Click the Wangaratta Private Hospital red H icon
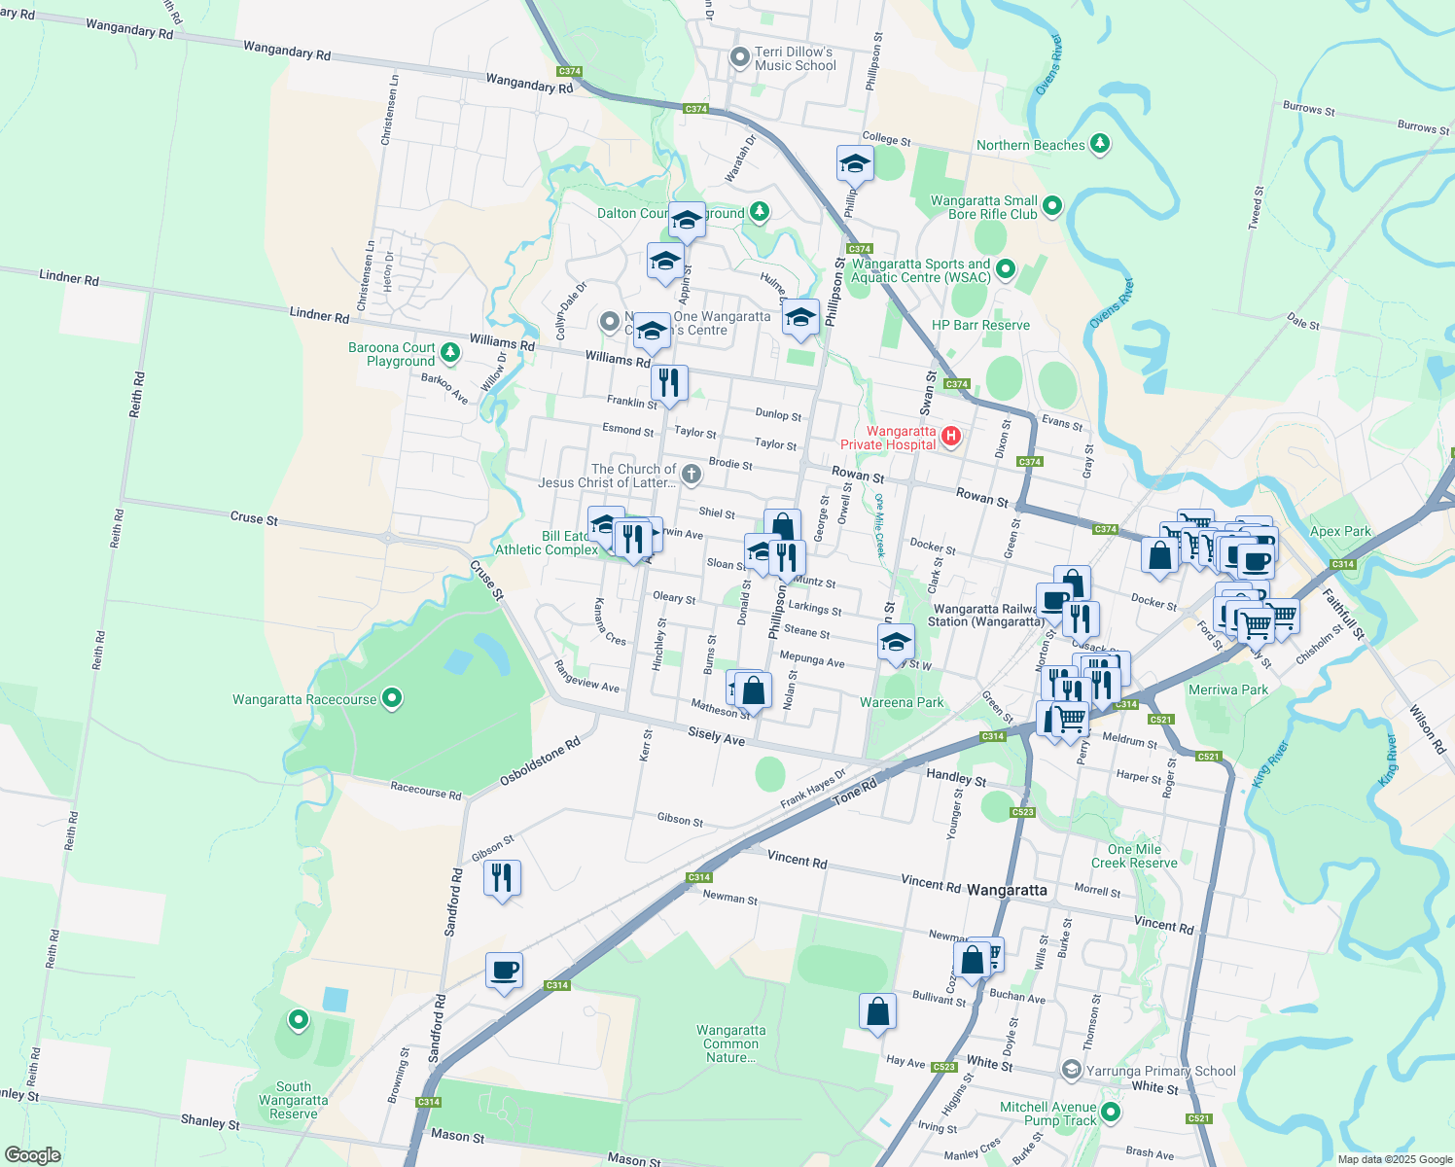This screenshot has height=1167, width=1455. (x=951, y=437)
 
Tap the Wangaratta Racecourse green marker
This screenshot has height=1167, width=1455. (x=392, y=697)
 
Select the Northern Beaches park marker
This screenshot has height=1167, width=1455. (x=1100, y=144)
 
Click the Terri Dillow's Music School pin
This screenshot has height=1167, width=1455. (x=739, y=57)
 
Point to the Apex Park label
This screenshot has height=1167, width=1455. (x=1340, y=531)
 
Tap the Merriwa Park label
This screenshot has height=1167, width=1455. (x=1228, y=690)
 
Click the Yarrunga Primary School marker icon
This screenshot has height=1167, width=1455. (x=1071, y=1070)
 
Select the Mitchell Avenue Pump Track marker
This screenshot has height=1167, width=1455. (x=1111, y=1112)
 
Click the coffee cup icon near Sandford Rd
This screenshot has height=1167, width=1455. (x=504, y=970)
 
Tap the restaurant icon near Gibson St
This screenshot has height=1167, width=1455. (x=502, y=877)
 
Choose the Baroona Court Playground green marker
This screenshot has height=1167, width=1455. (x=449, y=351)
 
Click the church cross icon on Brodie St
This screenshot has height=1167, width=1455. (x=691, y=474)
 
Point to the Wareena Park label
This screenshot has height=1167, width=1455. (x=902, y=702)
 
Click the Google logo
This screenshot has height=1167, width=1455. (x=32, y=1155)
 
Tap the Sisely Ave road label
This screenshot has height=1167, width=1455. (x=716, y=736)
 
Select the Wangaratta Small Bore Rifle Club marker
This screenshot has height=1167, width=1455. (x=1052, y=205)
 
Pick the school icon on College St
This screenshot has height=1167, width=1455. (x=854, y=163)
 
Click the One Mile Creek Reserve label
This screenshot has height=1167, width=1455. (x=1134, y=856)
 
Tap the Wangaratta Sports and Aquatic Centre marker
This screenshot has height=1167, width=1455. (x=1006, y=268)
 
